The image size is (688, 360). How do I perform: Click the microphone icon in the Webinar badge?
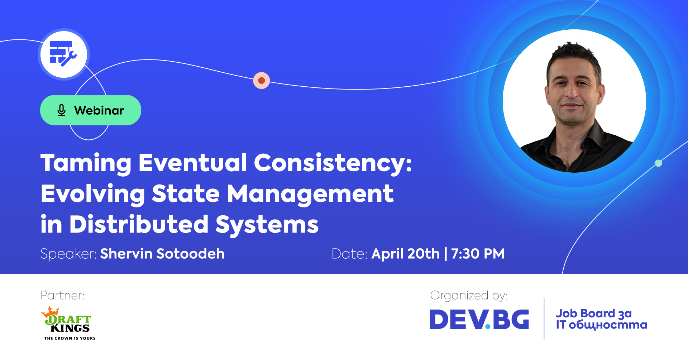[62, 110]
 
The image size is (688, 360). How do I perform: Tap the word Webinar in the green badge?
[99, 110]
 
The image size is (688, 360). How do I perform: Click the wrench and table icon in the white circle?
[63, 54]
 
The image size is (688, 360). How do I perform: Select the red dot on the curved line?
[262, 80]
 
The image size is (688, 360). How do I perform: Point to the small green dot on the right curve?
[658, 163]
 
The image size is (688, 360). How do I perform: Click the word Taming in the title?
[86, 163]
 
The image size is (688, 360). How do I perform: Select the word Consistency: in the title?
[333, 163]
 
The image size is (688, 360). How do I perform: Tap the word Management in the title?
[310, 194]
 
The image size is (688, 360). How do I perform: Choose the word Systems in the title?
[267, 225]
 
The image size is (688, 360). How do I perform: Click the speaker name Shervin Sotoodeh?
[162, 254]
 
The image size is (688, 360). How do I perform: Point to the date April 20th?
[405, 254]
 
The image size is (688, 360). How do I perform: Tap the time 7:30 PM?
[478, 254]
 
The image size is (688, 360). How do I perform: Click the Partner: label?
[63, 296]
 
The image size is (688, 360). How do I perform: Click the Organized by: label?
[469, 296]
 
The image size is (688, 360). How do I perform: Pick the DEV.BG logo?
[479, 319]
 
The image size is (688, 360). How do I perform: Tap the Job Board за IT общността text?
[601, 319]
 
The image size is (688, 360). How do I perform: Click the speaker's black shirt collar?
[595, 136]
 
